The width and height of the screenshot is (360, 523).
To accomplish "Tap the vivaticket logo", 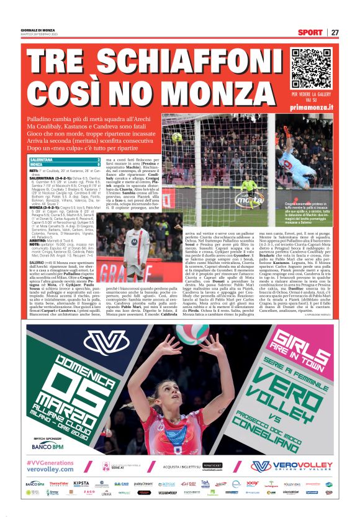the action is [214, 464].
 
